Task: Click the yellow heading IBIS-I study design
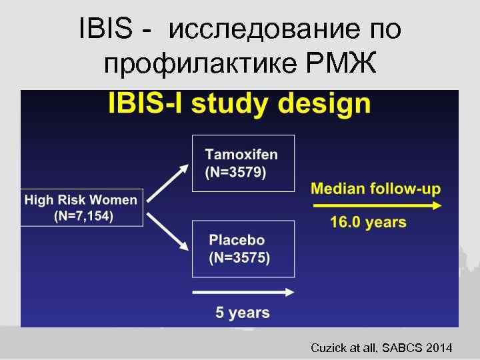239,105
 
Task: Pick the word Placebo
237,240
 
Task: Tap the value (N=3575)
239,259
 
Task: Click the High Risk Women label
81,199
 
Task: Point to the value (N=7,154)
83,216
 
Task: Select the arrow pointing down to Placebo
167,232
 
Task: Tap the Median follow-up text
375,189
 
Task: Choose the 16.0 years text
368,223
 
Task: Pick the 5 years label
242,312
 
